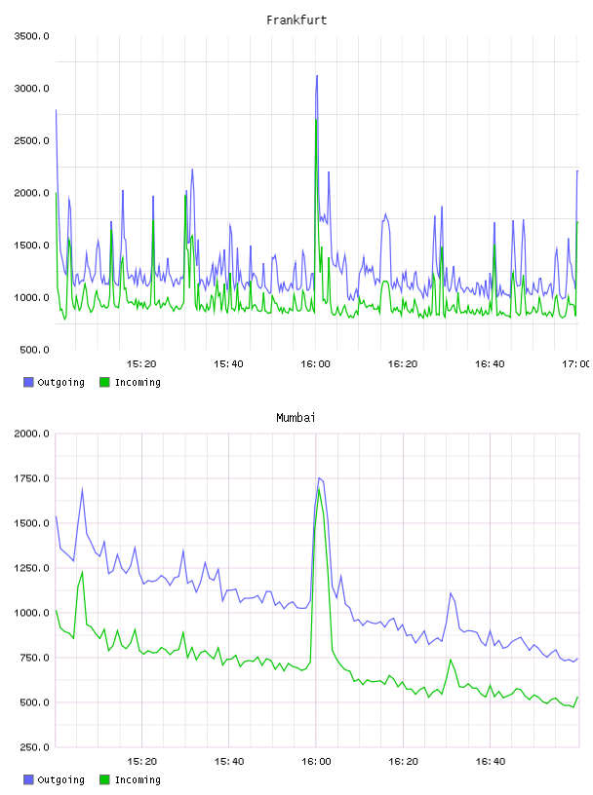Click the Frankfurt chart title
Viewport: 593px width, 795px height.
click(x=296, y=19)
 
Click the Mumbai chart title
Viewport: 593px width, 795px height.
click(x=296, y=417)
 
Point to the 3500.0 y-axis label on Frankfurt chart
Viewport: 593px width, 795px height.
click(x=31, y=36)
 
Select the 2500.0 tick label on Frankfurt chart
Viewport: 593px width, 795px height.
click(x=31, y=140)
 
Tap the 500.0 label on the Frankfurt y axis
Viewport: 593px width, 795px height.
click(x=34, y=350)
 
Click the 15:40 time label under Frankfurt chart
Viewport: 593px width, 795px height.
click(x=228, y=363)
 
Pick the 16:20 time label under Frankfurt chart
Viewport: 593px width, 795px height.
click(x=403, y=363)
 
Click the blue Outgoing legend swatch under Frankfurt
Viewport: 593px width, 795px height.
click(x=28, y=382)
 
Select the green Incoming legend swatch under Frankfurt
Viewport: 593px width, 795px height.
click(x=104, y=382)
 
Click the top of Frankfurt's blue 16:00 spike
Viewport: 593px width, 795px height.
click(x=317, y=76)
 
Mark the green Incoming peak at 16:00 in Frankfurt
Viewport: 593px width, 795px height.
click(x=316, y=120)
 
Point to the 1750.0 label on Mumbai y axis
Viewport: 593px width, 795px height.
click(x=31, y=478)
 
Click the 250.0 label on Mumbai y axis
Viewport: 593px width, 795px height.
click(x=34, y=747)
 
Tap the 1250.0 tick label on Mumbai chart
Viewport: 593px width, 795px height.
click(x=31, y=568)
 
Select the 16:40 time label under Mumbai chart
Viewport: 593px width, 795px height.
click(x=491, y=761)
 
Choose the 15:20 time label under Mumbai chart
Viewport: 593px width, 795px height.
click(x=142, y=761)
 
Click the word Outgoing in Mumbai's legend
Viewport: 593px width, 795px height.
click(x=60, y=779)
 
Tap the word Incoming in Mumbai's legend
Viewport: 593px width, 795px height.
click(x=138, y=779)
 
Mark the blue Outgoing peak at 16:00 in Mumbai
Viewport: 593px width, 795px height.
click(x=319, y=477)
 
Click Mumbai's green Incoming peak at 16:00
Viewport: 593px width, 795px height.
click(x=319, y=489)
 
